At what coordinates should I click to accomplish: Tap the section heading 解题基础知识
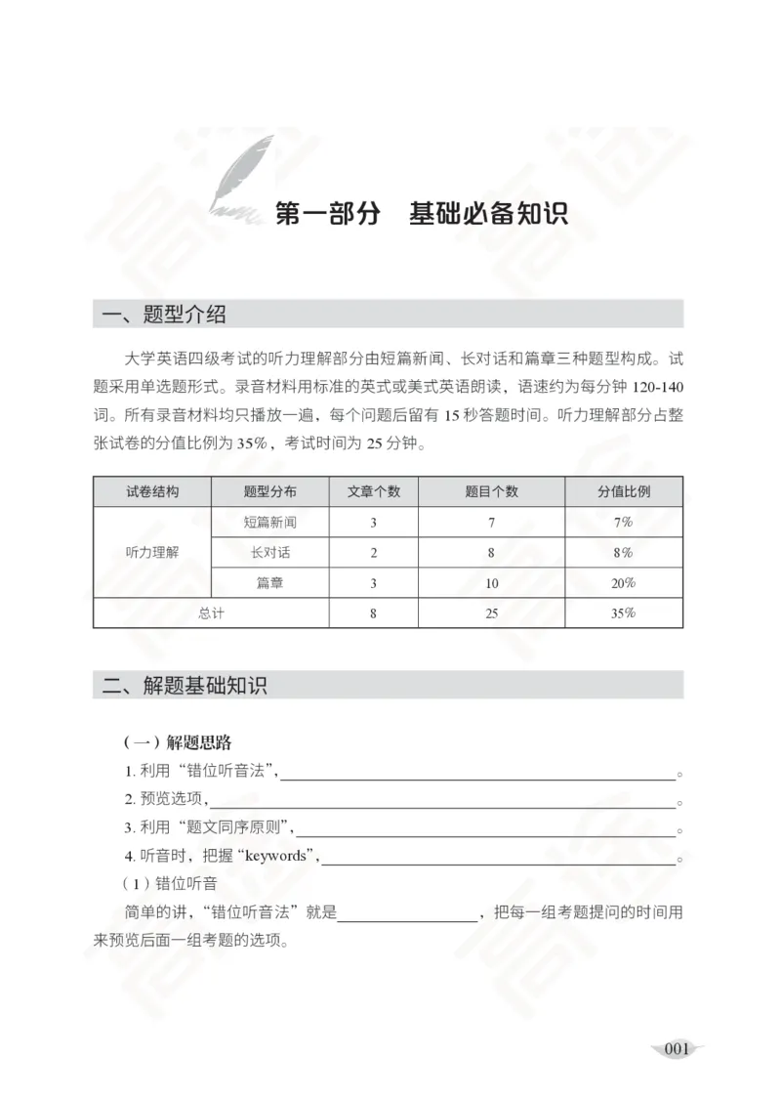click(204, 685)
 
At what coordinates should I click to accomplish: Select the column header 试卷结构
click(152, 491)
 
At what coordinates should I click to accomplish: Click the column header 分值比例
click(624, 491)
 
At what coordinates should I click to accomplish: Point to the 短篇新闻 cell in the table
click(270, 522)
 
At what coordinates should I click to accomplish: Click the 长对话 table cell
click(270, 552)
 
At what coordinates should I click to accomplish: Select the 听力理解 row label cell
click(152, 552)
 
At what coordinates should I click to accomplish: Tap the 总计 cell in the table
click(211, 612)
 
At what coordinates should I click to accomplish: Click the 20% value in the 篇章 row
click(624, 583)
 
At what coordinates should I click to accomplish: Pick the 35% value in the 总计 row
click(624, 612)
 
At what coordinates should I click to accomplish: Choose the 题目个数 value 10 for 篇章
click(491, 583)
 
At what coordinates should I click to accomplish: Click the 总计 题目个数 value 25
click(491, 612)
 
